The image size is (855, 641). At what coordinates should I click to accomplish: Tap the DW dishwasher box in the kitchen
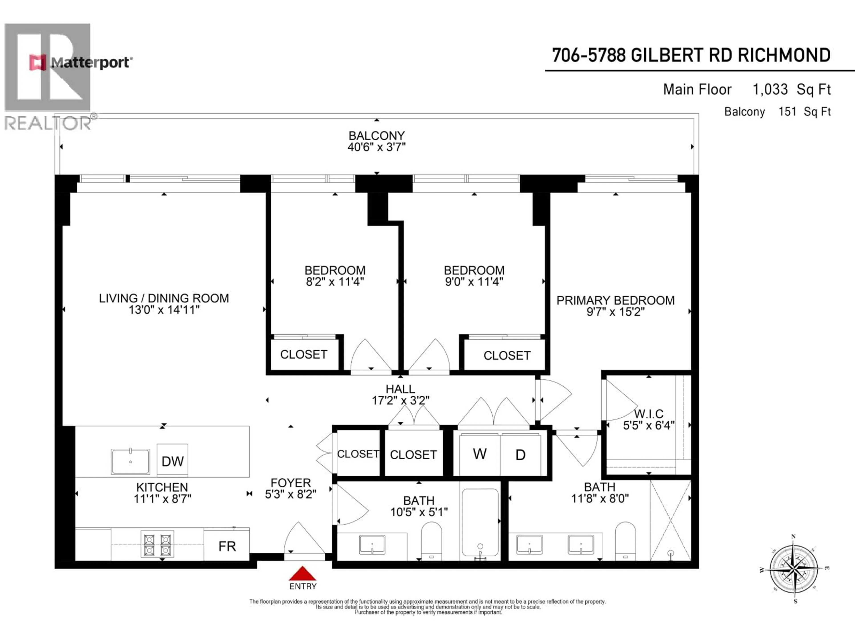tap(172, 460)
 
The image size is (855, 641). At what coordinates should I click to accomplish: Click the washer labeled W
tap(479, 454)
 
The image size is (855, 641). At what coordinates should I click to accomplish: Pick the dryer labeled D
tap(521, 455)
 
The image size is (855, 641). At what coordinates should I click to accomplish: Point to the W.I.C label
tap(649, 414)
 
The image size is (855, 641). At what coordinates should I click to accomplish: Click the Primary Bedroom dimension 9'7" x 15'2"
tap(615, 311)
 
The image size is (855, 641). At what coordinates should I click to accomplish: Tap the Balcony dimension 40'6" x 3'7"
tap(377, 147)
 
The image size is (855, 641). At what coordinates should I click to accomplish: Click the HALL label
tap(400, 389)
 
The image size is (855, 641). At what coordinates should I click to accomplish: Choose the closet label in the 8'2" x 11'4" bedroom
tap(303, 354)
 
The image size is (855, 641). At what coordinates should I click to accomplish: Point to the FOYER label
tap(291, 483)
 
